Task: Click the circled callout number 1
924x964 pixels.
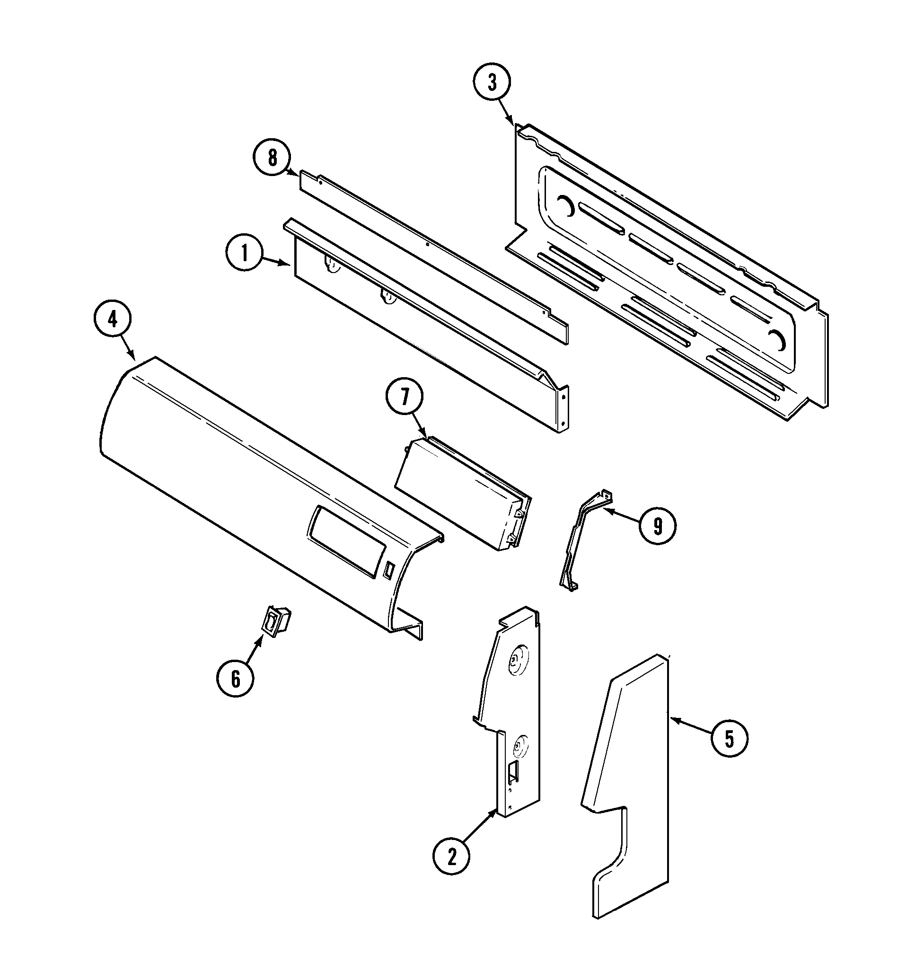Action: [x=245, y=254]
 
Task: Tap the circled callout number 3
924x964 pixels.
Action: [x=492, y=83]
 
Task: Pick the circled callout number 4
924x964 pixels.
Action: [x=113, y=320]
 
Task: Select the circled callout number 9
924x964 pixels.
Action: [x=658, y=527]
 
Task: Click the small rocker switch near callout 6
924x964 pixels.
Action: [x=277, y=624]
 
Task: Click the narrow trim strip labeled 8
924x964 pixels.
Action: [x=433, y=251]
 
